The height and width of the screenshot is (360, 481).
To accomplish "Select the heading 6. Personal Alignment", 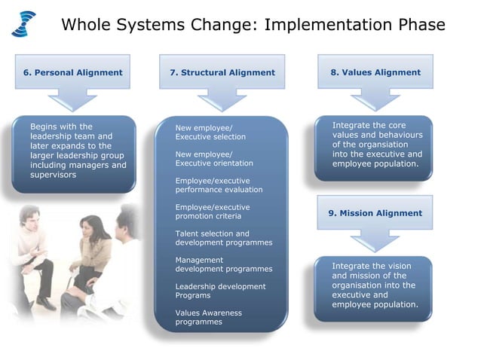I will (72, 72).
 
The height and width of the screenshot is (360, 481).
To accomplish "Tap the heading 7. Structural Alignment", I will (222, 73).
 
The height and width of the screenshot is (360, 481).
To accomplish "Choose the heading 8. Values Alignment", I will (375, 72).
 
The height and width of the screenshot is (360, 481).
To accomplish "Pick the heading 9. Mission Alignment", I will (375, 213).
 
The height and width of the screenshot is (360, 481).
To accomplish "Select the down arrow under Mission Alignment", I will (375, 239).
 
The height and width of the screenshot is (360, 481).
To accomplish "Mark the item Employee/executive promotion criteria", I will (213, 212).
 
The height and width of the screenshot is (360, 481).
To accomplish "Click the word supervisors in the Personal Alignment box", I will (53, 175).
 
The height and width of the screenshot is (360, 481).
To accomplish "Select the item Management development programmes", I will (223, 264).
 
